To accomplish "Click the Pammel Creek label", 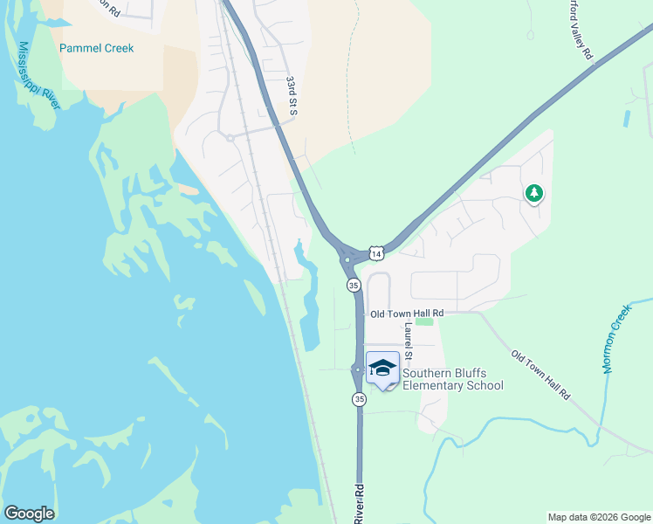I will coord(97,48).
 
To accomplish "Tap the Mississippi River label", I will coord(38,76).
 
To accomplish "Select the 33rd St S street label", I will coord(292,95).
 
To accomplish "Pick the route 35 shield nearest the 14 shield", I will coord(354,286).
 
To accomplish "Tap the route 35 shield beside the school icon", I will coord(359,399).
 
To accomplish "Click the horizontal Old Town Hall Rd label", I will coord(407,314).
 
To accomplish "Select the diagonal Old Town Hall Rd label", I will coord(540,376).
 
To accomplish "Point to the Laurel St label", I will coord(408,342).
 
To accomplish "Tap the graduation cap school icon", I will coord(382,368).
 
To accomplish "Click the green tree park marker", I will coord(533,193).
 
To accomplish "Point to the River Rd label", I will coord(358,505).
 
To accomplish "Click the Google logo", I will coord(29,514).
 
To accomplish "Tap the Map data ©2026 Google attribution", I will coord(599,517).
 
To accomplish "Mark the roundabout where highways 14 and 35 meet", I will coord(347,259).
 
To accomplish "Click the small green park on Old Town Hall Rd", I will coord(424,321).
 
